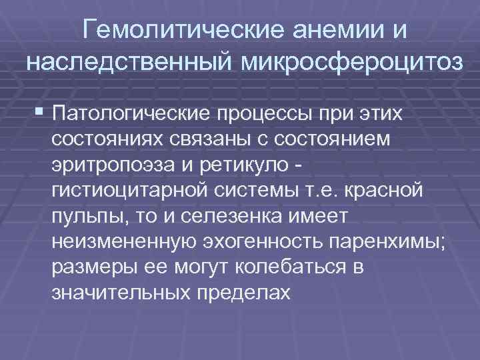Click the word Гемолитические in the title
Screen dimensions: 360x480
pyautogui.click(x=173, y=31)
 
